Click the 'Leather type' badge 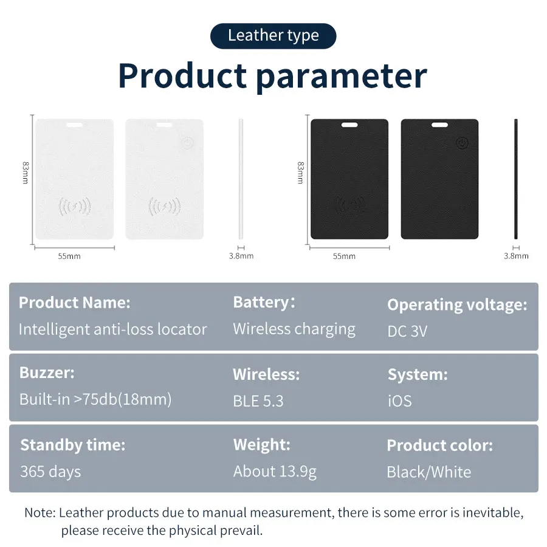pyautogui.click(x=273, y=36)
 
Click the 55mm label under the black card pyautogui.click(x=344, y=256)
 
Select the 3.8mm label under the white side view pyautogui.click(x=241, y=256)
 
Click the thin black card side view pyautogui.click(x=516, y=179)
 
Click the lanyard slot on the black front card pyautogui.click(x=349, y=125)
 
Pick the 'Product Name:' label pyautogui.click(x=74, y=303)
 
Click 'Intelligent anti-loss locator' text pyautogui.click(x=112, y=329)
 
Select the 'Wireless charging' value pyautogui.click(x=294, y=329)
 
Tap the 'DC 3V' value pyautogui.click(x=407, y=331)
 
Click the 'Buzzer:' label pyautogui.click(x=47, y=373)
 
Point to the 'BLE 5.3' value pyautogui.click(x=258, y=401)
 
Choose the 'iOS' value pyautogui.click(x=399, y=401)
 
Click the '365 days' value pyautogui.click(x=50, y=472)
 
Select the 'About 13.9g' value pyautogui.click(x=275, y=472)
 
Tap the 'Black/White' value pyautogui.click(x=428, y=472)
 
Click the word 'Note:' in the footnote pyautogui.click(x=40, y=512)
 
